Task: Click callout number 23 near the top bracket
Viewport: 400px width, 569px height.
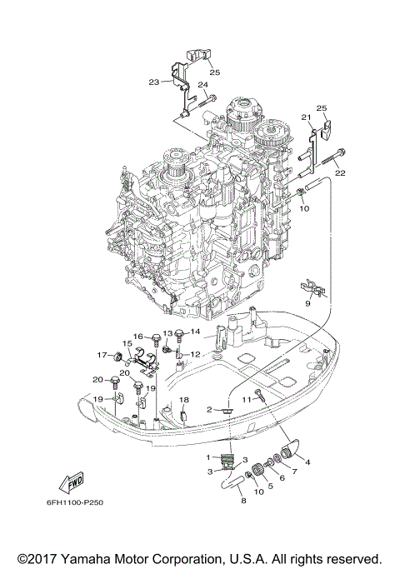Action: [153, 82]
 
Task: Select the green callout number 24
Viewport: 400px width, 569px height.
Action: [202, 85]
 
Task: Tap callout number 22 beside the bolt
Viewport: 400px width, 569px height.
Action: [340, 172]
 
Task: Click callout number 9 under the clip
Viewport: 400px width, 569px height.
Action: [307, 305]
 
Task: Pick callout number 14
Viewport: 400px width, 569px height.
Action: [196, 332]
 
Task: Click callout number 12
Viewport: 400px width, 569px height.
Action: [195, 354]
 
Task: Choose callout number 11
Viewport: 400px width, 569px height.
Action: [246, 400]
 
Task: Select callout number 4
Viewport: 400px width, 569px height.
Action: [307, 462]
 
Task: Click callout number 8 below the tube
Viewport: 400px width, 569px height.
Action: [243, 502]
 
